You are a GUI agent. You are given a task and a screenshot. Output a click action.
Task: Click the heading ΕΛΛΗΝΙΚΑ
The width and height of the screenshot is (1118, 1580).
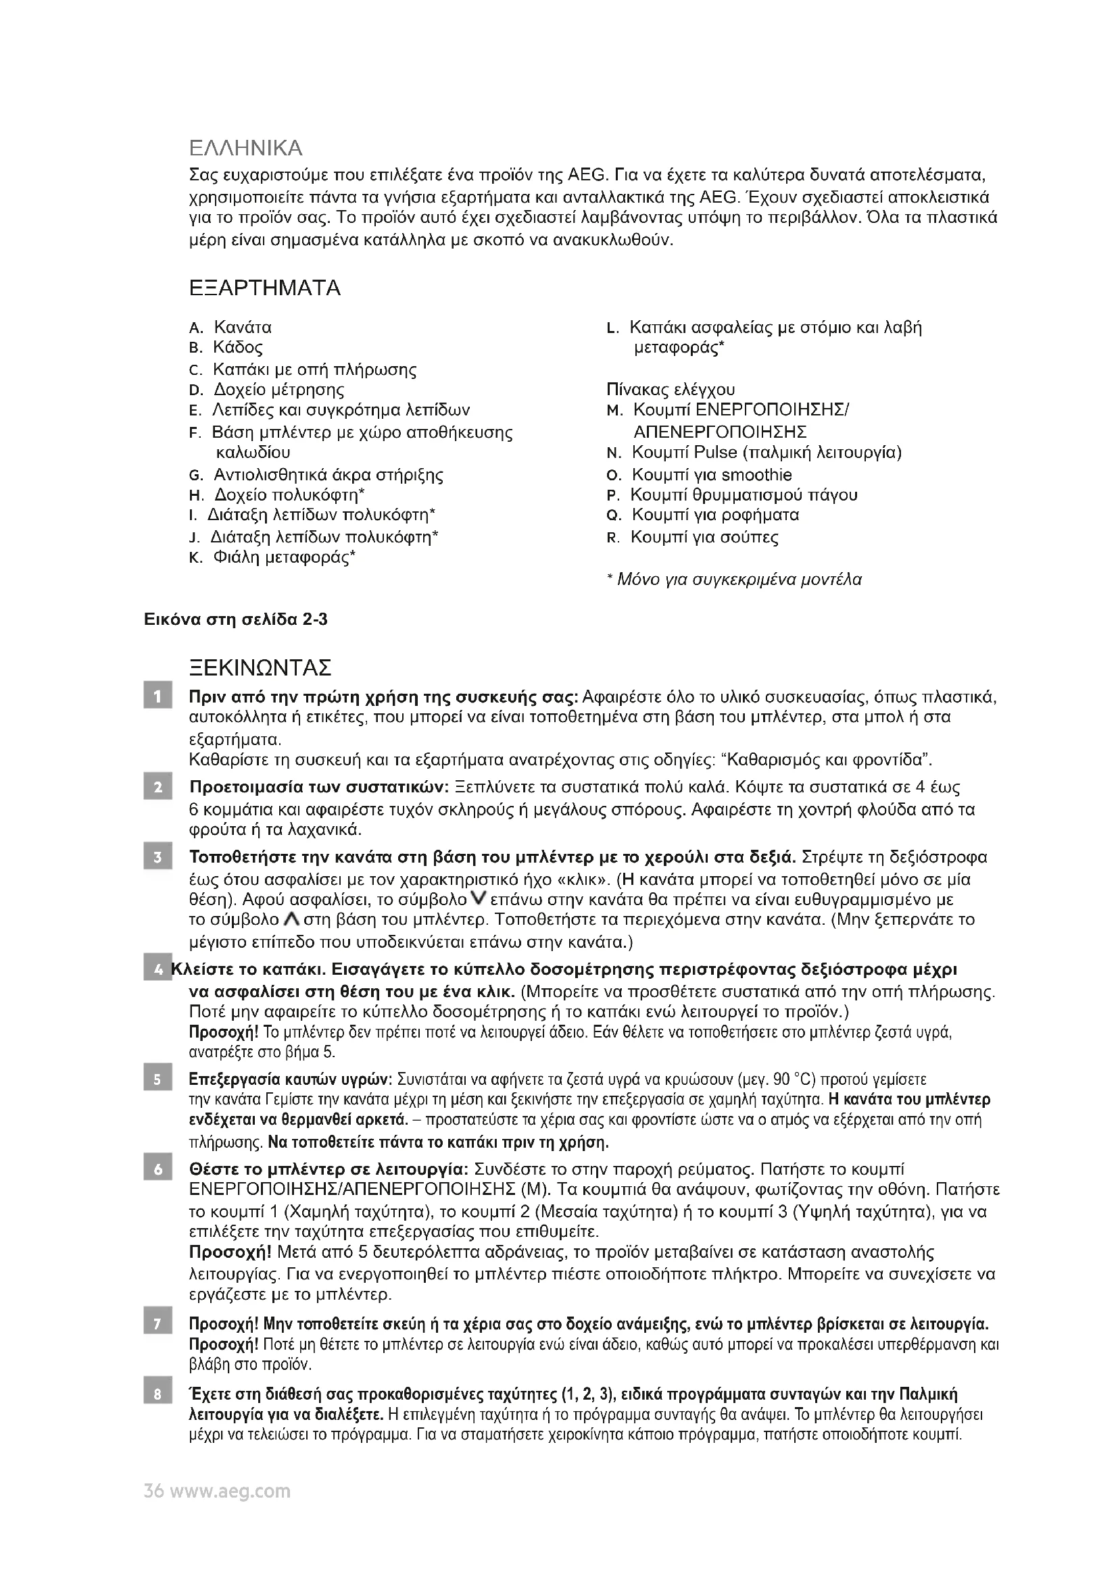[246, 148]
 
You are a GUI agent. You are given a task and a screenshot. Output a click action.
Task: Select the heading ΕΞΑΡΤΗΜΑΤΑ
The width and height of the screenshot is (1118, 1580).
[264, 288]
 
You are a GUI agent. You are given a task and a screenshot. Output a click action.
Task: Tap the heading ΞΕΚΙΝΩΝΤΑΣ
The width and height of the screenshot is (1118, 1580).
[260, 667]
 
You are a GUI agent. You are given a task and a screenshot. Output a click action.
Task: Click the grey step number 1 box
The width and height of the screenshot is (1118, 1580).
[157, 697]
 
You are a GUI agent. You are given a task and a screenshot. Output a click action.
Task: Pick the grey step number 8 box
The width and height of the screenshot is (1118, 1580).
[157, 1395]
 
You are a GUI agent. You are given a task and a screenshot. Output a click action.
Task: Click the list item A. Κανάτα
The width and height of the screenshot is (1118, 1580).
[230, 328]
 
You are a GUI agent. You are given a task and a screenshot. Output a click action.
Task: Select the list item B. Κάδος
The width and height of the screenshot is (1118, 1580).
[226, 347]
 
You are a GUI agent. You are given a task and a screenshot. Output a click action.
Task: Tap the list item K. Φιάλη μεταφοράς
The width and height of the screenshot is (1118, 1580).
[272, 557]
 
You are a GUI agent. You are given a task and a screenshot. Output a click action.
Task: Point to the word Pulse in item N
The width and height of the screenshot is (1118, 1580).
[716, 453]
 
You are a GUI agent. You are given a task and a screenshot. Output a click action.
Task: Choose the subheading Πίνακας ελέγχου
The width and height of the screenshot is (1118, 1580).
[671, 390]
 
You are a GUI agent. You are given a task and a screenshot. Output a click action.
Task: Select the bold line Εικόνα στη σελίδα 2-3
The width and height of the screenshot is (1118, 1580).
[235, 620]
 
